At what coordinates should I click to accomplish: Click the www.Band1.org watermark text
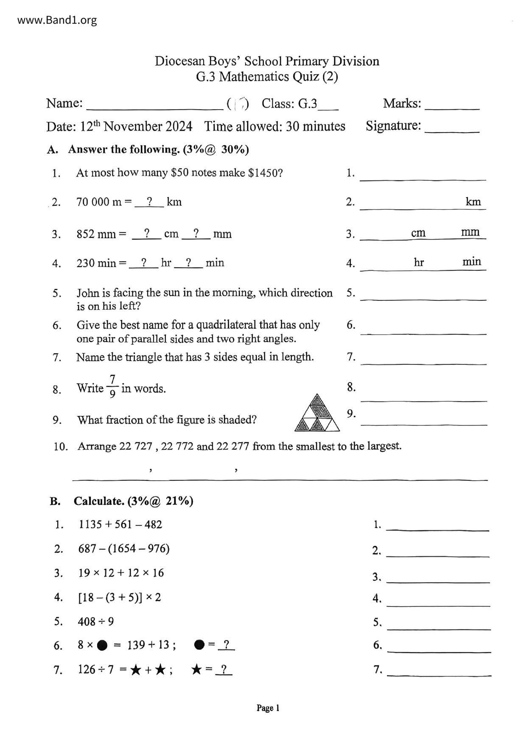[x=57, y=20]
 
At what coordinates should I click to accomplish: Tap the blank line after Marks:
[x=452, y=106]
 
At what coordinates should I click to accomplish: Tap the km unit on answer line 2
[x=473, y=202]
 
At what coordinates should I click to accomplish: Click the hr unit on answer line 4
[x=419, y=263]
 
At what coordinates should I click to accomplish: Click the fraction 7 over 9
[x=112, y=386]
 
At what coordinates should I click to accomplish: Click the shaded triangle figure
[x=317, y=413]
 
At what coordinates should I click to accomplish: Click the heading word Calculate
[x=99, y=501]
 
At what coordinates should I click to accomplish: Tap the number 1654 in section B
[x=123, y=549]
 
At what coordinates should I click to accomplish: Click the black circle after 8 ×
[x=102, y=646]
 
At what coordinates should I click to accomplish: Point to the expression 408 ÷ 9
[x=96, y=622]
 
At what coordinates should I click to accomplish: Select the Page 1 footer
[x=268, y=708]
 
